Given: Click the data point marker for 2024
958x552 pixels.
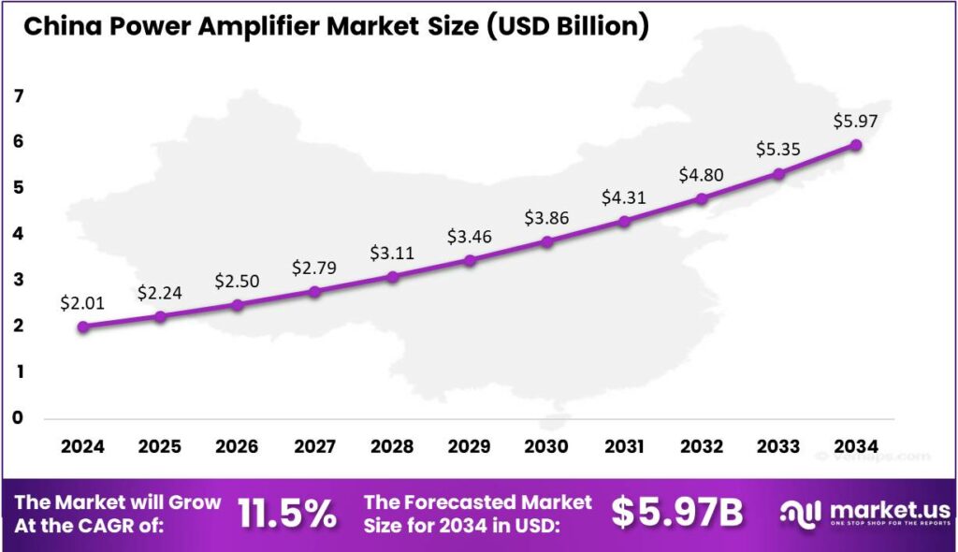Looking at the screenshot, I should [x=83, y=327].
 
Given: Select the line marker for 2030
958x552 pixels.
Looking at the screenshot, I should [x=546, y=241].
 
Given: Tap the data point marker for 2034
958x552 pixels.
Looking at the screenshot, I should [x=855, y=145].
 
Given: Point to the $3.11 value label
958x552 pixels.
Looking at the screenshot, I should [x=392, y=253].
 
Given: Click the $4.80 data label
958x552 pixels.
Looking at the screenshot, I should [x=701, y=175].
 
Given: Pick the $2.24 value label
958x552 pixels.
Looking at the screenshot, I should [x=160, y=293].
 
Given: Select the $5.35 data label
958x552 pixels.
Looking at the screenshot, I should [x=777, y=150].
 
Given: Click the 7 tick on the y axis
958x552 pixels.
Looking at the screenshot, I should [x=19, y=96].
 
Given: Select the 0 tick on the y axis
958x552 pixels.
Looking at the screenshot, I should [x=19, y=417].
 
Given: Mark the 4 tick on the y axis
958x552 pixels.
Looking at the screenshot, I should [x=19, y=234].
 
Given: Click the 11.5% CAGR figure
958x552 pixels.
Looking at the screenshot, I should [x=286, y=513].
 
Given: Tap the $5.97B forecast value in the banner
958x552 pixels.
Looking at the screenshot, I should [x=677, y=513].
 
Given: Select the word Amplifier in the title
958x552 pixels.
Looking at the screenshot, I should [x=245, y=26].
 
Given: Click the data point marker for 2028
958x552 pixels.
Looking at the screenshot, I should [x=392, y=277].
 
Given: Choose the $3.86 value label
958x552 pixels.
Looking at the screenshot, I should [x=546, y=217].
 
